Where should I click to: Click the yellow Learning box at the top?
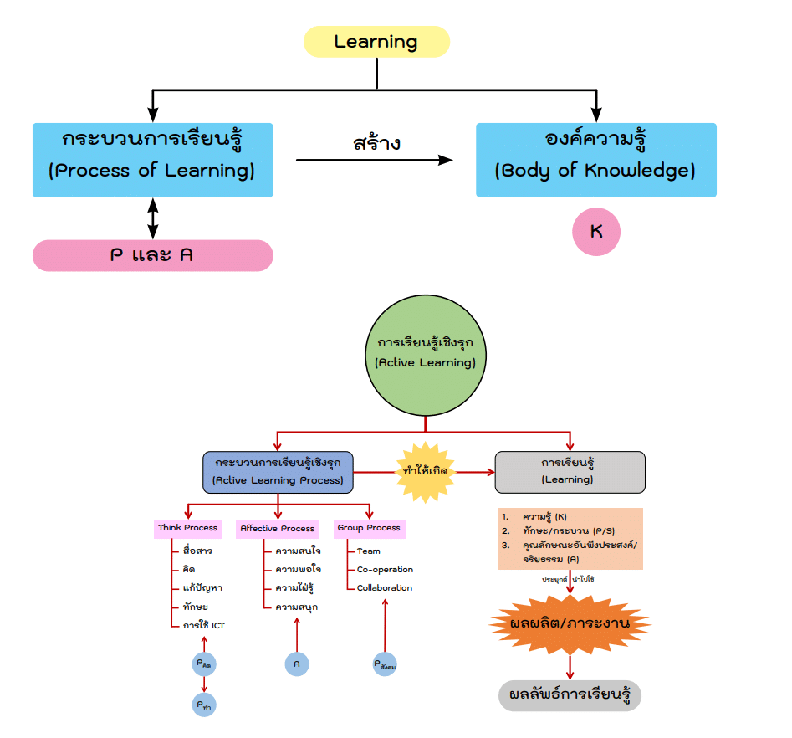pos(376,42)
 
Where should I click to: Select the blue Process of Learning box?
pos(152,160)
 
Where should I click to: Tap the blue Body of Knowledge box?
pos(595,160)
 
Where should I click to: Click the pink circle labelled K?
pos(596,231)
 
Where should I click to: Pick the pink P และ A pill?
pos(152,255)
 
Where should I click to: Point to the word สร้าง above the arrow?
pos(376,143)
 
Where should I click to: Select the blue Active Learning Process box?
pos(278,472)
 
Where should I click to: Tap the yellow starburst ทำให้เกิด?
pos(425,472)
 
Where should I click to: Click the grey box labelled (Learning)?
pos(570,472)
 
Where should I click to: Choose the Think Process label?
pos(187,528)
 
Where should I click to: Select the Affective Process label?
pos(277,529)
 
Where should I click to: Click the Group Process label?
pos(369,528)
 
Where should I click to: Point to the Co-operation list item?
pos(385,570)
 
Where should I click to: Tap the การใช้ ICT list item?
pos(203,625)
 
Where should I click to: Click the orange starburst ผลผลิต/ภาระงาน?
pos(570,624)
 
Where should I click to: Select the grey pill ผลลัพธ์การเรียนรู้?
pos(570,695)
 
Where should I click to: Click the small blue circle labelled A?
pos(296,664)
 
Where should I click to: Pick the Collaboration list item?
pos(385,588)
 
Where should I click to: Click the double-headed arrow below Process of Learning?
pos(152,218)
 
